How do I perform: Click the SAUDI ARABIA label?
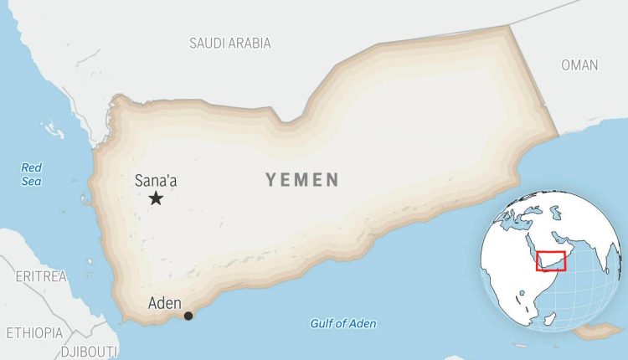pos(230,43)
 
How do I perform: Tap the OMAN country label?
pos(579,65)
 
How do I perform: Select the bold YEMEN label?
pos(302,180)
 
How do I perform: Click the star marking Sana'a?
pos(156,198)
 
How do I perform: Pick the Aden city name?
pos(163,303)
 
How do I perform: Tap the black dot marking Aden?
pos(188,316)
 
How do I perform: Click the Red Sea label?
pos(31,173)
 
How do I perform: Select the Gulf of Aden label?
pos(343,324)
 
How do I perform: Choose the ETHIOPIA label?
pos(34,332)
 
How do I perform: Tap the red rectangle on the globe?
pos(551,261)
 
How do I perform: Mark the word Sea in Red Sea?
pos(31,180)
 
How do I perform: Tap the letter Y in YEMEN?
pos(271,180)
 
